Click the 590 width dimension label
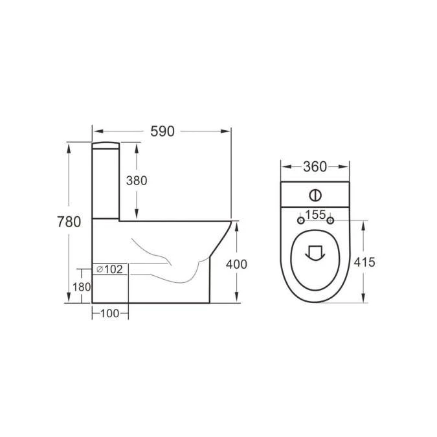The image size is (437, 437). [163, 131]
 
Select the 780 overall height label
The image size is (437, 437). [69, 222]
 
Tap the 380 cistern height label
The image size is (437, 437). [137, 181]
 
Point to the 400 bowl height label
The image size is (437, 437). [237, 264]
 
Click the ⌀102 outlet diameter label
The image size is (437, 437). [110, 269]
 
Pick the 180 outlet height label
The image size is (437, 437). [81, 287]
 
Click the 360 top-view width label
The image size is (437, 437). [315, 166]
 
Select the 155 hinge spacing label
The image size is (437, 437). [315, 214]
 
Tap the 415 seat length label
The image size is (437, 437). [365, 262]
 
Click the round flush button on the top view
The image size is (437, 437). [315, 194]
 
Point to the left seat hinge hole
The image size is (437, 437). [300, 221]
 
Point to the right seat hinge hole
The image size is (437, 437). [331, 221]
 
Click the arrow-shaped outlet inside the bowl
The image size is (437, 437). [315, 252]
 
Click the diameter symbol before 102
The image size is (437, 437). [100, 269]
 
